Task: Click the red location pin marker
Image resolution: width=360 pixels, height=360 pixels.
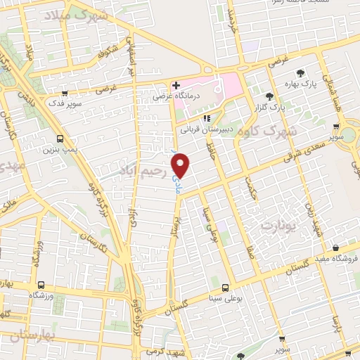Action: coord(182,165)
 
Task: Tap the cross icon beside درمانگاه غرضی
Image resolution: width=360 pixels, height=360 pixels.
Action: coord(176,86)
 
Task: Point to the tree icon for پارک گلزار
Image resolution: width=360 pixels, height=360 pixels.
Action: coord(270,96)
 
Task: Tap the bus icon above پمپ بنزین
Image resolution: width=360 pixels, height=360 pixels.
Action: coord(60,138)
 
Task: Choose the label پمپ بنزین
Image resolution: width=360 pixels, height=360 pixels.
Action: coord(60,149)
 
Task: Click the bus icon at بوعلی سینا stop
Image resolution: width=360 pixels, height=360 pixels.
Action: coord(225,288)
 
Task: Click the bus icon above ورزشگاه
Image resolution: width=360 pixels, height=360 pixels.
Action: coord(41,285)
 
